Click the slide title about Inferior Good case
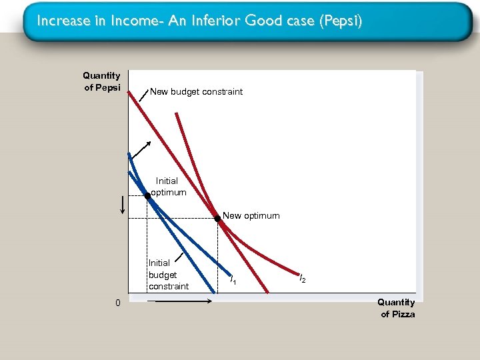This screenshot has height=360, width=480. click(x=199, y=21)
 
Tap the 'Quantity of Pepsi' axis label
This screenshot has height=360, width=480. click(x=101, y=82)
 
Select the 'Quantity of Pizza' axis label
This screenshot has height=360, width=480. click(x=397, y=308)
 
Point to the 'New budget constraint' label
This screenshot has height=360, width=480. click(x=197, y=91)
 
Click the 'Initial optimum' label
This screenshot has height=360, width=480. click(x=167, y=186)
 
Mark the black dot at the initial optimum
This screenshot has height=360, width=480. click(x=147, y=196)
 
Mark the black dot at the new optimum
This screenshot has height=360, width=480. click(x=217, y=218)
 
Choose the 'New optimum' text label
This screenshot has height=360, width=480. click(x=251, y=215)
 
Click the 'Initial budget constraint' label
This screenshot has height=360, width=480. click(x=168, y=275)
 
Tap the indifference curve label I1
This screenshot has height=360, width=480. click(x=232, y=281)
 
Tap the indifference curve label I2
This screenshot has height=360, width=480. click(x=302, y=279)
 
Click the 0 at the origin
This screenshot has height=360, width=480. click(x=117, y=304)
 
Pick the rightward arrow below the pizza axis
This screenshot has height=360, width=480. click(x=179, y=301)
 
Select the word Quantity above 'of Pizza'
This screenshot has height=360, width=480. click(x=396, y=302)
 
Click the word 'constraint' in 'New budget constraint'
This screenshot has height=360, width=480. click(x=223, y=91)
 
